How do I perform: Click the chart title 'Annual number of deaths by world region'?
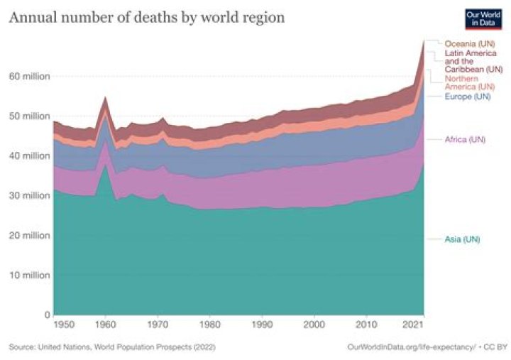coord(146,17)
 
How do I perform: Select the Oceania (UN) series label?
coord(470,44)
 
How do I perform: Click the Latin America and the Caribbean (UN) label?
coord(473,61)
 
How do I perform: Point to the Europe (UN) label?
coord(467,96)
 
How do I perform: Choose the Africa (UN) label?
coord(465,139)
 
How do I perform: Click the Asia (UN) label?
coord(462,239)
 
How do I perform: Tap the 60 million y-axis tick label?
coord(26,76)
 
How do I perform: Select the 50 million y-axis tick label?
coord(26,116)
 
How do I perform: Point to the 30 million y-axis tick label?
coord(26,195)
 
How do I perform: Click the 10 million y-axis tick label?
coord(26,275)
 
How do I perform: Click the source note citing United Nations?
coord(112,347)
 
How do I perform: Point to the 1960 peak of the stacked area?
coord(106,97)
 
